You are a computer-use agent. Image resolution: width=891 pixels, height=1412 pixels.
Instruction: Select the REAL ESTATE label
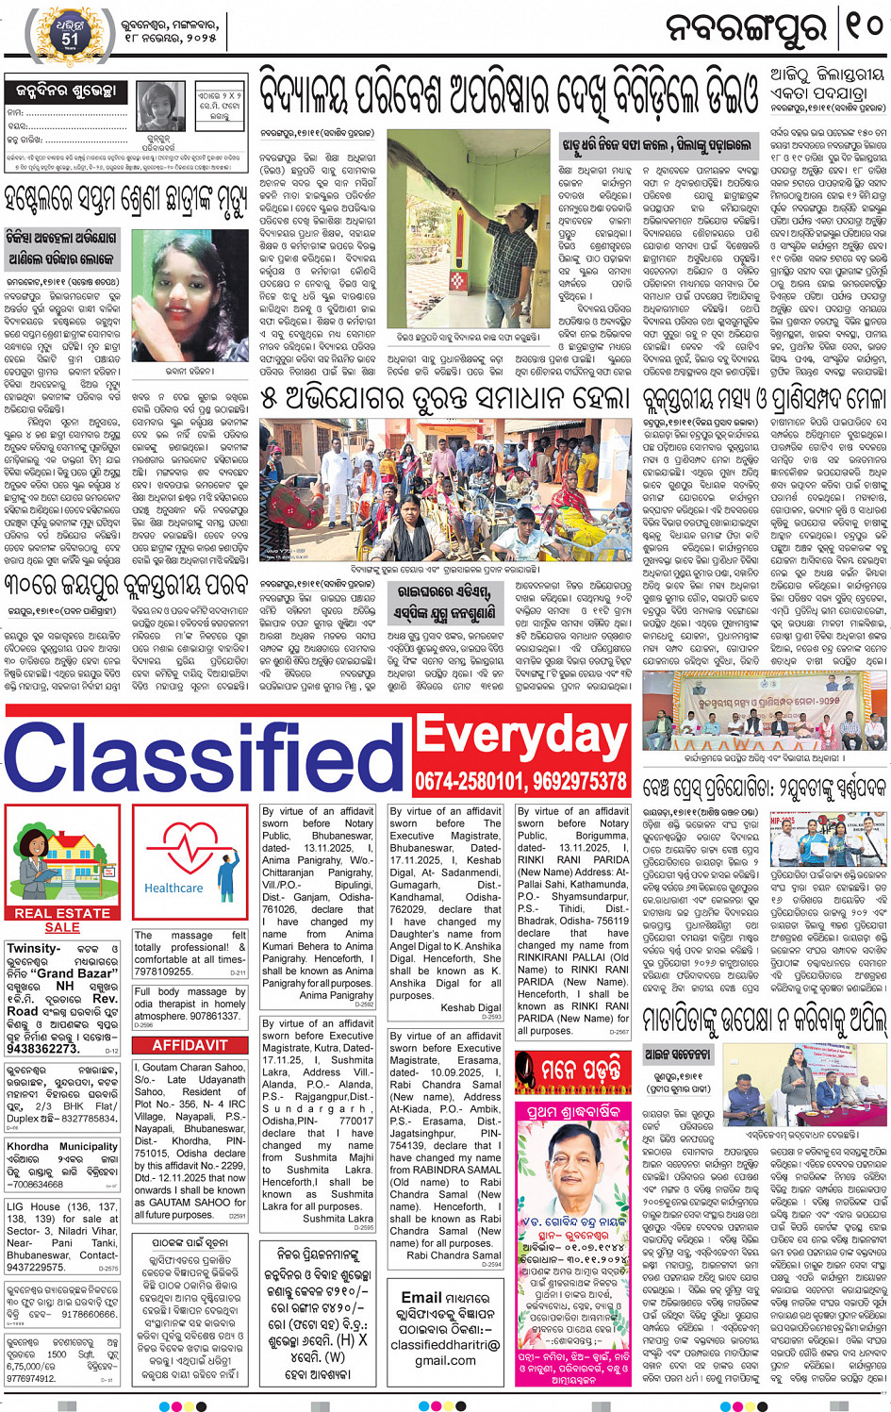tap(62, 913)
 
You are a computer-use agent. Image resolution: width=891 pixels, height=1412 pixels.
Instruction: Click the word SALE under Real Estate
tap(62, 927)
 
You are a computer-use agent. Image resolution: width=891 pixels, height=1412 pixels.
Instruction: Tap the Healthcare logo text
tap(173, 888)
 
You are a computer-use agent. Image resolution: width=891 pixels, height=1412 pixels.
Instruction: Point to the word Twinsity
tap(34, 948)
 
